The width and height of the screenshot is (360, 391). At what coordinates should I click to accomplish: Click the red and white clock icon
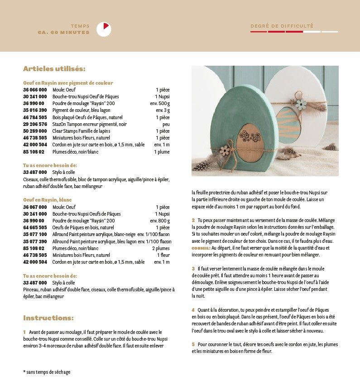[x=104, y=29]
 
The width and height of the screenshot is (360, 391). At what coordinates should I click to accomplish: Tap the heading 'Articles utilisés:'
[x=54, y=69]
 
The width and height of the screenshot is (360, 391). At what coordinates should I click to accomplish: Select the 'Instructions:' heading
[x=48, y=318]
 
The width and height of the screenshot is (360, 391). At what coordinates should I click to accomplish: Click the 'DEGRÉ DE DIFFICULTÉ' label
[x=282, y=26]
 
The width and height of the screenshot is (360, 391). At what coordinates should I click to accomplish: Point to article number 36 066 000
[x=35, y=90]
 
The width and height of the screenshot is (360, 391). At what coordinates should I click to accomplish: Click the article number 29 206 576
[x=35, y=124]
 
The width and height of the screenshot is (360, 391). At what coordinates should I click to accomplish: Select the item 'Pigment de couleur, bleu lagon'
[x=81, y=110]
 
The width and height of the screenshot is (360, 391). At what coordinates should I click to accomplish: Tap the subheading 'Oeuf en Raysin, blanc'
[x=47, y=200]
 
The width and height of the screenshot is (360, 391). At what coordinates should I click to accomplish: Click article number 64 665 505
[x=35, y=227]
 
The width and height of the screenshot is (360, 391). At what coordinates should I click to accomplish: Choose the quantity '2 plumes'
[x=161, y=248]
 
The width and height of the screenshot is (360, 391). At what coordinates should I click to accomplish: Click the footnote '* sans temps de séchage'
[x=47, y=372]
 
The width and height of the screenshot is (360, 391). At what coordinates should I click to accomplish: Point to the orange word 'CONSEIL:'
[x=201, y=248]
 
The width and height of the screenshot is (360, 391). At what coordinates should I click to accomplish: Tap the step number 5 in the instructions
[x=193, y=344]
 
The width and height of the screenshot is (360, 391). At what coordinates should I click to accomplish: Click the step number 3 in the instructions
[x=193, y=269]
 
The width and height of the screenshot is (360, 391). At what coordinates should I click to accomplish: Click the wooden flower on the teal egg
[x=224, y=150]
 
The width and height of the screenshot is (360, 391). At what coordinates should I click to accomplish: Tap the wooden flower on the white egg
[x=301, y=104]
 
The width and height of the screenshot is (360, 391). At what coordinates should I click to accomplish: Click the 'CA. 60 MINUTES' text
[x=64, y=33]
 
